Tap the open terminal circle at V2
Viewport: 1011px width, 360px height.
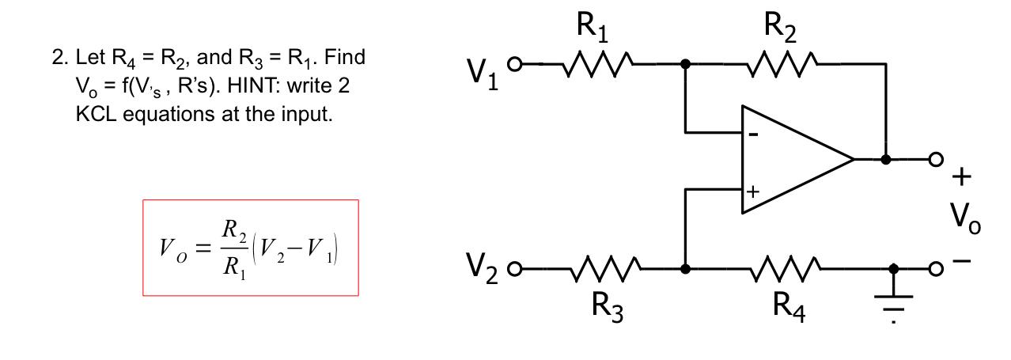tap(514, 269)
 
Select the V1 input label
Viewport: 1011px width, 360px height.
tap(483, 74)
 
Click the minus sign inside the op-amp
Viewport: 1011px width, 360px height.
tap(754, 135)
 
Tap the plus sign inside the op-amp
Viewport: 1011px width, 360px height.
tap(753, 191)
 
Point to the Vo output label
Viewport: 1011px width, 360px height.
tap(965, 218)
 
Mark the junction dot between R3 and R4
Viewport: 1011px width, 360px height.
tap(685, 269)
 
